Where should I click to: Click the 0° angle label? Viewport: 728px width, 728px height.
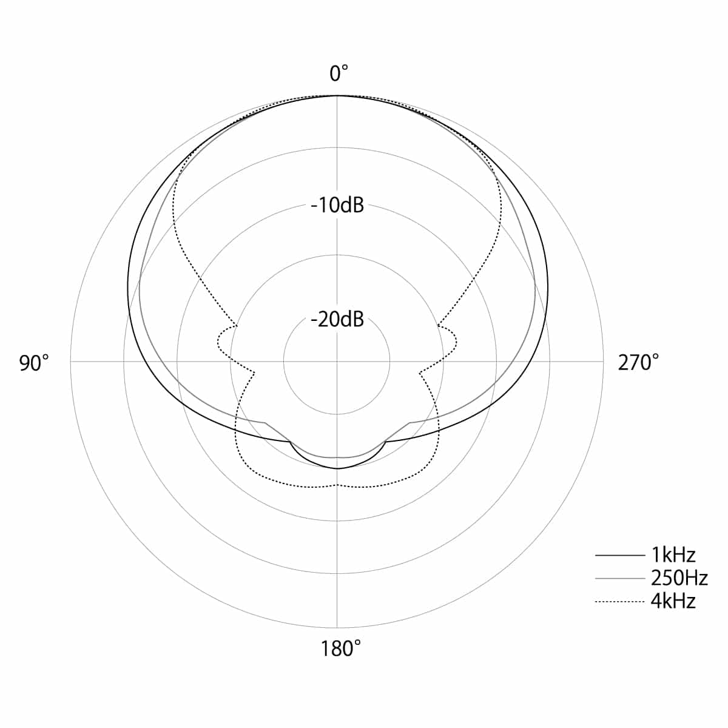click(339, 73)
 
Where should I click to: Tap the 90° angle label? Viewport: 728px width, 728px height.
click(34, 363)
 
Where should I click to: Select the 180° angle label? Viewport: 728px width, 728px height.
click(340, 649)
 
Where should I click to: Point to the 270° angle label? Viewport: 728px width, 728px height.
click(638, 363)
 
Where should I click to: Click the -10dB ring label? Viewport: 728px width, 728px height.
click(337, 205)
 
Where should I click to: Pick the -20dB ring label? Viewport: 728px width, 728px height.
click(337, 319)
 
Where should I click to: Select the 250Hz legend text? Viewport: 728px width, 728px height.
click(679, 578)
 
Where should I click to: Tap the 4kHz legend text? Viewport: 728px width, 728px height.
click(673, 601)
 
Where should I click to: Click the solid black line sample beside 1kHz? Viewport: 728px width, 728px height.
click(620, 555)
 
